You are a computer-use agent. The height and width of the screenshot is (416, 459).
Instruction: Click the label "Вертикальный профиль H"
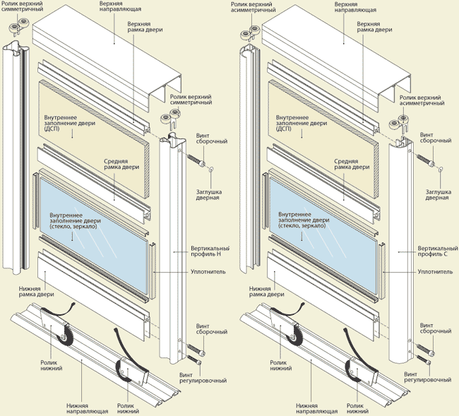(x=210, y=253)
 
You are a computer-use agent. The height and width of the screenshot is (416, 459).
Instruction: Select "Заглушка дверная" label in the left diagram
(x=208, y=194)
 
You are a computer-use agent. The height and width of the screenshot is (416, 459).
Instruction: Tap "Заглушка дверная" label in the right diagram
(x=437, y=194)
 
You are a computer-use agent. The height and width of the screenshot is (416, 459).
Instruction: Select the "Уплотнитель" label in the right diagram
(x=435, y=271)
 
